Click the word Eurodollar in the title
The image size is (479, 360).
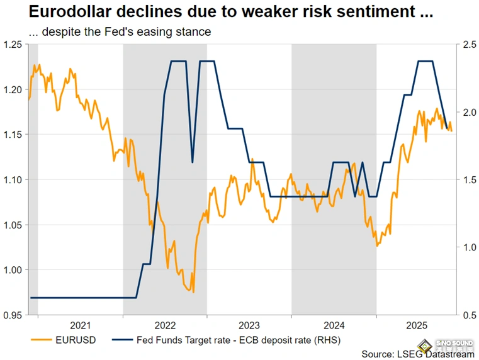[x=51, y=13]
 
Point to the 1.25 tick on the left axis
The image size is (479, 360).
[x=12, y=44]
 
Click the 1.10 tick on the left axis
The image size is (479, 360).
[x=12, y=179]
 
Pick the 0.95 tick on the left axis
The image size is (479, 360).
[x=12, y=315]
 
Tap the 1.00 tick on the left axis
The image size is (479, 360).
[x=12, y=270]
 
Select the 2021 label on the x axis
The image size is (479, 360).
[x=80, y=325]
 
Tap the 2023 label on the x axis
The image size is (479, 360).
[x=249, y=325]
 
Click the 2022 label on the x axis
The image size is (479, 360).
[x=165, y=325]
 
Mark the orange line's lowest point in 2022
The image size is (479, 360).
[x=193, y=292]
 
